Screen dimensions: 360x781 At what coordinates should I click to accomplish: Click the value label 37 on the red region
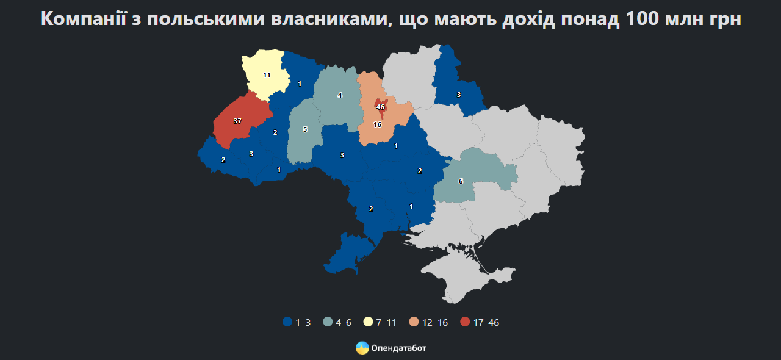(x=237, y=121)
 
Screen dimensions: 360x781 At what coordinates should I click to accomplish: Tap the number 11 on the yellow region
(x=267, y=75)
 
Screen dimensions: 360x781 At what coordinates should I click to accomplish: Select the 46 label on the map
(x=381, y=107)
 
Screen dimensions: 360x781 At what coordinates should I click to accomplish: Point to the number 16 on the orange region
(x=377, y=124)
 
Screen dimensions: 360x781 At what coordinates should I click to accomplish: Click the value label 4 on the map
(x=340, y=95)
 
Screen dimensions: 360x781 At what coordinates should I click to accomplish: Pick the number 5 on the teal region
(x=305, y=129)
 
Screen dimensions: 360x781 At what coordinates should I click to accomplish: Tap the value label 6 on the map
(x=461, y=181)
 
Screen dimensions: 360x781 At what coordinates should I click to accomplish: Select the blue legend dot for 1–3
(x=287, y=322)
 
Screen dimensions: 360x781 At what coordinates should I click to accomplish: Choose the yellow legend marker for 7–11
(x=368, y=322)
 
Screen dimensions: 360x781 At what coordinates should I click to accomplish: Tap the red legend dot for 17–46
(x=466, y=322)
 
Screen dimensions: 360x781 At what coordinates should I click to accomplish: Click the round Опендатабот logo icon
(x=362, y=348)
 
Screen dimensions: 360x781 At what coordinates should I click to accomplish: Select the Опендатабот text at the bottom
(x=398, y=348)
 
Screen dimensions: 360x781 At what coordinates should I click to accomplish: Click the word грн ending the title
(x=725, y=18)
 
